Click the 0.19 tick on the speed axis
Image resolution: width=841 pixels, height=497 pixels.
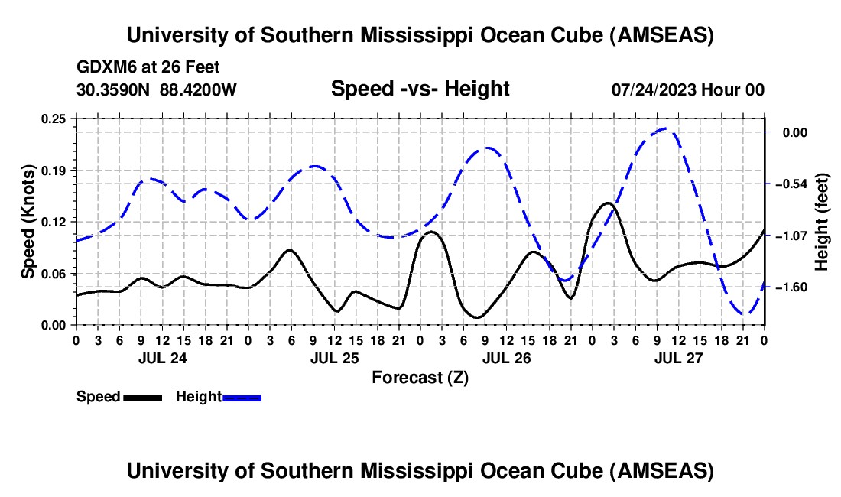pos(76,170)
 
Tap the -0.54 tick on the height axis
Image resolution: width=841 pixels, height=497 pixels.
pos(766,184)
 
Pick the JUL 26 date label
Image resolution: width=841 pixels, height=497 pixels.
pos(506,357)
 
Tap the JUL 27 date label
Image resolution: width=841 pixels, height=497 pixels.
pos(678,357)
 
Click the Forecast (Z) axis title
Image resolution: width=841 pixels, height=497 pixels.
pos(420,377)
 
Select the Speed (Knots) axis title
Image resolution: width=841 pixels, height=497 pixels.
pos(28,221)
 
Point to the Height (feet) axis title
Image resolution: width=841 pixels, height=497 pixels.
pos(823,221)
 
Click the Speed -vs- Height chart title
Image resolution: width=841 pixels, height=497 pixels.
pos(420,89)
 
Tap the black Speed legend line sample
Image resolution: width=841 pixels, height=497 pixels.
pos(142,398)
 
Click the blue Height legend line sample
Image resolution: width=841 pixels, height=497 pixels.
pos(242,398)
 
